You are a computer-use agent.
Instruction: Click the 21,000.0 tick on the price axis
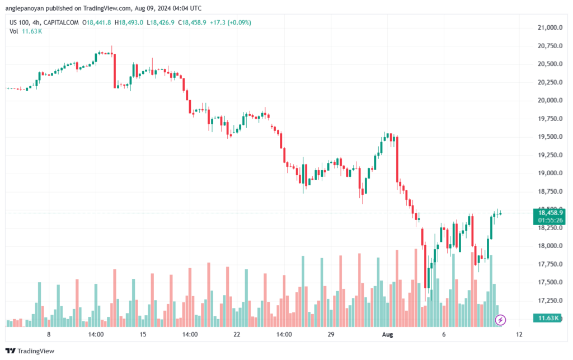(x=548, y=27)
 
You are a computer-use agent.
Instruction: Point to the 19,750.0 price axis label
(x=548, y=119)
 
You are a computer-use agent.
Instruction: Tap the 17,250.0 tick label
(x=548, y=301)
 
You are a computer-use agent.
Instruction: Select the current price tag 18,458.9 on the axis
(x=551, y=213)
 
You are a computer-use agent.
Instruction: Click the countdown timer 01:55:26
(x=551, y=220)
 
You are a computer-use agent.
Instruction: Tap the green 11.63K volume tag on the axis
(x=549, y=318)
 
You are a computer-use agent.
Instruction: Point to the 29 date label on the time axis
(x=331, y=334)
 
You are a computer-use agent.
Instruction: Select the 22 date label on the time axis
(x=237, y=334)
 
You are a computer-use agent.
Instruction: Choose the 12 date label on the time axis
(x=519, y=334)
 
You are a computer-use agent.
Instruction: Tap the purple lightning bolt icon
(x=501, y=320)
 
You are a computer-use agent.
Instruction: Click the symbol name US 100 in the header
(x=20, y=22)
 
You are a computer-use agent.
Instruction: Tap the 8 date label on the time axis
(x=49, y=334)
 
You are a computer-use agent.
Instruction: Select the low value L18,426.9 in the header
(x=161, y=22)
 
